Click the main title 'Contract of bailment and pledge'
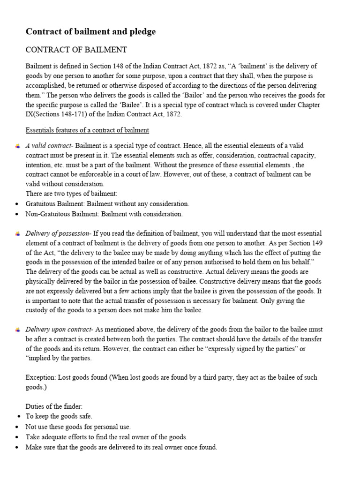[90, 32]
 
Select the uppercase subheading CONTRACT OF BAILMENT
[76, 50]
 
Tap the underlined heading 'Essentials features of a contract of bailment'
[87, 130]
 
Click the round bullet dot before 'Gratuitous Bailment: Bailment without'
[17, 204]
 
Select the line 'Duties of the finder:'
[54, 406]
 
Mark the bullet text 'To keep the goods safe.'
[59, 416]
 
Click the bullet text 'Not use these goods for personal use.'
[78, 427]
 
